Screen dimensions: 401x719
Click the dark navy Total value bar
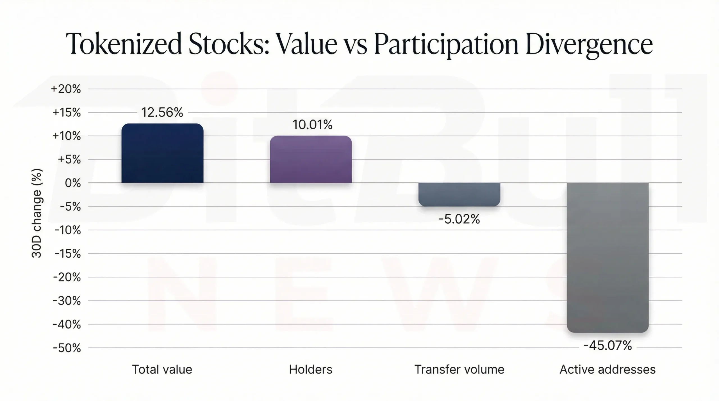[162, 153]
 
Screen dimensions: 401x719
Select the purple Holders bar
[311, 159]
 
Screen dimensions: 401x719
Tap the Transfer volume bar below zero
[459, 194]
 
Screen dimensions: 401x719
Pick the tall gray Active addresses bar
[607, 258]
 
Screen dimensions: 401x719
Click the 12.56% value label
[162, 113]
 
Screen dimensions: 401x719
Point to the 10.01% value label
[312, 125]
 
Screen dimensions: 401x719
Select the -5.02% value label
[459, 219]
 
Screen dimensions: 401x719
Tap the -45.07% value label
[607, 345]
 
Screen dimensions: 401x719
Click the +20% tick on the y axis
[66, 89]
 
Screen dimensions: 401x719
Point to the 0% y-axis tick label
[73, 183]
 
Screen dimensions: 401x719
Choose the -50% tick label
[67, 348]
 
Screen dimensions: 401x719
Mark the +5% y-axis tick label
[69, 160]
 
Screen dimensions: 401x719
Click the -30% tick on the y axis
[67, 301]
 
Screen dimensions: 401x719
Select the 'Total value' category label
[162, 370]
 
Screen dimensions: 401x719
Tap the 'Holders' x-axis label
[311, 370]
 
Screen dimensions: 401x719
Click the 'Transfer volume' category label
[459, 370]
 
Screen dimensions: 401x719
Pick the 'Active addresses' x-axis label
[607, 370]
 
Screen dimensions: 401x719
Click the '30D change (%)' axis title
[37, 213]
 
